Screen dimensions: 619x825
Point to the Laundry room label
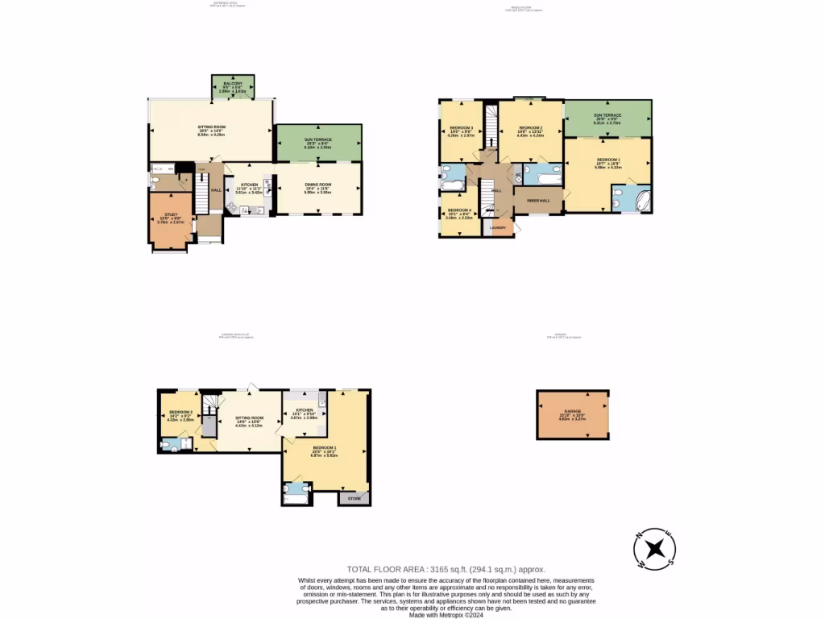(x=497, y=227)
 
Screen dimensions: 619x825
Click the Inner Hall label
(x=537, y=200)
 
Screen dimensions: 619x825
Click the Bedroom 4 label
(x=459, y=210)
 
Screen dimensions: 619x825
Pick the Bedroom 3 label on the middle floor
(x=461, y=128)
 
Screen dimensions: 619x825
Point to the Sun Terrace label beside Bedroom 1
(x=607, y=115)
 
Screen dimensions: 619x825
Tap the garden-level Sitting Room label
(x=249, y=418)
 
